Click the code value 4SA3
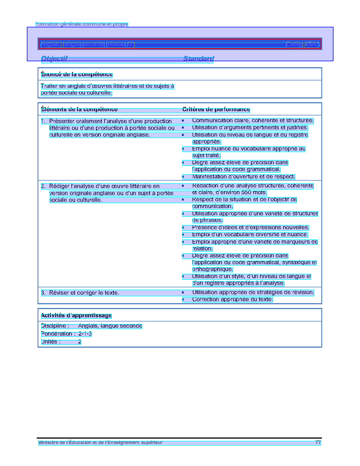[x=312, y=44]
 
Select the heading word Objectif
[x=54, y=59]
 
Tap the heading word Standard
[x=198, y=59]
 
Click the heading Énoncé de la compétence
[x=77, y=75]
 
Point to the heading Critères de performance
[x=216, y=110]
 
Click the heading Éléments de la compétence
[x=79, y=110]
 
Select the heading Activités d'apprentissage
[x=76, y=316]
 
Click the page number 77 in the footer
[x=318, y=443]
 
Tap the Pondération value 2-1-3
[x=85, y=334]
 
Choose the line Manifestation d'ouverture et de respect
[x=243, y=177]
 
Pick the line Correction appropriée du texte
[x=232, y=299]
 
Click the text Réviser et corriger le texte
[x=84, y=293]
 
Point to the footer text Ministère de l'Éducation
[x=100, y=443]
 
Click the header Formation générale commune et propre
[x=82, y=24]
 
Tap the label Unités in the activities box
[x=51, y=342]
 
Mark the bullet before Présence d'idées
[x=183, y=227]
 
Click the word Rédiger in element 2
[x=59, y=186]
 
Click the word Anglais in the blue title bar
[x=51, y=44]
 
